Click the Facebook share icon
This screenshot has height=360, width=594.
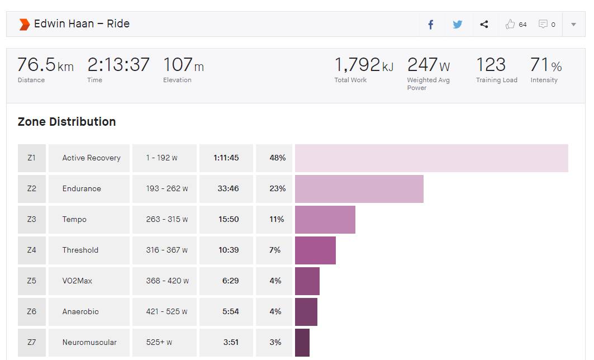coord(431,25)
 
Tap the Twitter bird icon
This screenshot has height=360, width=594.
coord(457,25)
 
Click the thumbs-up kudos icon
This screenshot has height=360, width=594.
coord(510,24)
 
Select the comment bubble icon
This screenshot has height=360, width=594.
coord(543,24)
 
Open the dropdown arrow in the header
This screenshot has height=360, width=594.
coord(573,25)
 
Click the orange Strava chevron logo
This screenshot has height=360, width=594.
coord(24,24)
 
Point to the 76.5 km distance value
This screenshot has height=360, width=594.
coord(45,65)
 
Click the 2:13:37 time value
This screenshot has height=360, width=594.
coord(118,65)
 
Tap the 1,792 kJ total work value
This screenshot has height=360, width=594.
coord(363,65)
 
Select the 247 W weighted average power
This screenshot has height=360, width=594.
coord(428,65)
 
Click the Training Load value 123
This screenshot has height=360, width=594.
coord(491,65)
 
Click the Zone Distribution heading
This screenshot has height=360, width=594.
coord(66,122)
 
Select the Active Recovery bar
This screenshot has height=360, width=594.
coord(431,158)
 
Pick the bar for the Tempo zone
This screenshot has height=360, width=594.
coord(325,220)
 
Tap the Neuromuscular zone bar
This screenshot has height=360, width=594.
coord(302,342)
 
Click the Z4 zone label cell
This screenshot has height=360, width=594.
coord(31,250)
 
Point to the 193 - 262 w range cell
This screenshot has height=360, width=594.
coord(167,189)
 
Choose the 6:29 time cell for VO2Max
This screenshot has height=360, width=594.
coord(230,281)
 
